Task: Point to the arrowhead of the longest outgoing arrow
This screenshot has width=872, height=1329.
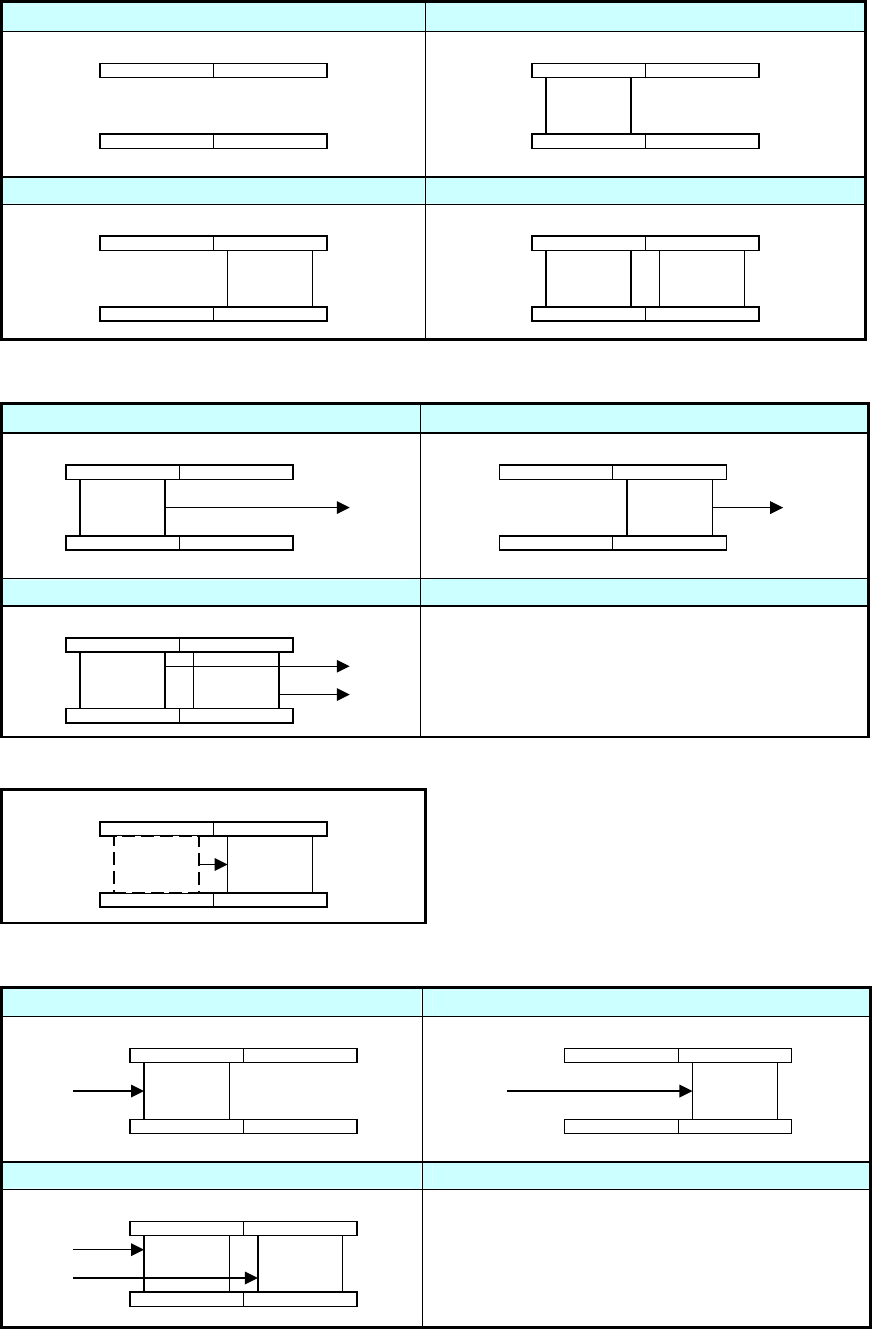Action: [x=343, y=508]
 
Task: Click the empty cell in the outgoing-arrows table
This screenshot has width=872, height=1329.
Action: [x=643, y=671]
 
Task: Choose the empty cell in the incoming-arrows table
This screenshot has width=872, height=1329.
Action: [x=643, y=1255]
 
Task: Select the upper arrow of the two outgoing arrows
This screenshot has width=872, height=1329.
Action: [x=314, y=665]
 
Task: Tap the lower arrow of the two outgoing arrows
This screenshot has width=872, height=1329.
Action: [x=314, y=692]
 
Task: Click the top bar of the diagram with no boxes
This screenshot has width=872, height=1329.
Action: [x=214, y=70]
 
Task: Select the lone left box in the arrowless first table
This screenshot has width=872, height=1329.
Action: [x=588, y=105]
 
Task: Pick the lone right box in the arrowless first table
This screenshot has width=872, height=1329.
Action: [x=270, y=279]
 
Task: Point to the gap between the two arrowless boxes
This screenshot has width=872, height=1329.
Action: [x=645, y=279]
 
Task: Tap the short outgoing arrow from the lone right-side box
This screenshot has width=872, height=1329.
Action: [x=746, y=508]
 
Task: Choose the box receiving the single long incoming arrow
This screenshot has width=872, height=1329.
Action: [x=735, y=1090]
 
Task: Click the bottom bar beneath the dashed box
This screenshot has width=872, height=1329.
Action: [x=214, y=900]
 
